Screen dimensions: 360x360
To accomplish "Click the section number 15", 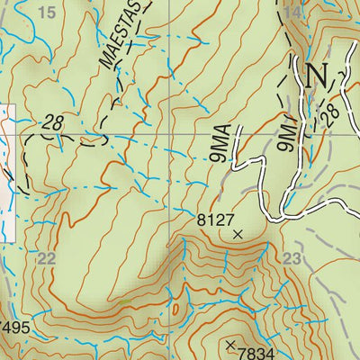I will (x=48, y=12).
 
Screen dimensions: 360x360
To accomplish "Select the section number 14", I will (x=292, y=12).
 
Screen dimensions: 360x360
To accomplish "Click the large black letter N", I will (x=316, y=76).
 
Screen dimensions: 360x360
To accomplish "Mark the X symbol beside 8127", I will (x=238, y=234).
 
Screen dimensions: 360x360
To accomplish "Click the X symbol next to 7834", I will (x=230, y=345).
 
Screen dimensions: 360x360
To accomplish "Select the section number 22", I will (x=47, y=257).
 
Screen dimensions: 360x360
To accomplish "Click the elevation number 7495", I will (x=15, y=328).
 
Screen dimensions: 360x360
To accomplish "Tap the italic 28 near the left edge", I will (x=52, y=123).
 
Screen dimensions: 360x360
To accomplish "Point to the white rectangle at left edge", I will (x=7, y=171).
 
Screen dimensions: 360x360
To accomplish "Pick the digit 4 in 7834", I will (x=271, y=351).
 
